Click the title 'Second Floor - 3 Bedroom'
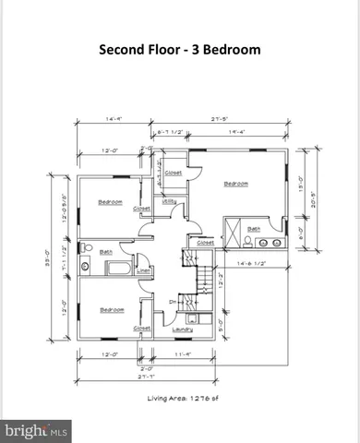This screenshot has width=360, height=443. coord(179,50)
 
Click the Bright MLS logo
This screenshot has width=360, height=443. coord(37,430)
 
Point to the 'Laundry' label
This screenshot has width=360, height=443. coord(182,328)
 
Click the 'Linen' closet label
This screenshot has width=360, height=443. coord(143,270)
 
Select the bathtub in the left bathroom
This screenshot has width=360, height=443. coord(118,270)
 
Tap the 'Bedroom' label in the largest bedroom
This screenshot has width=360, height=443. coord(236,184)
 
